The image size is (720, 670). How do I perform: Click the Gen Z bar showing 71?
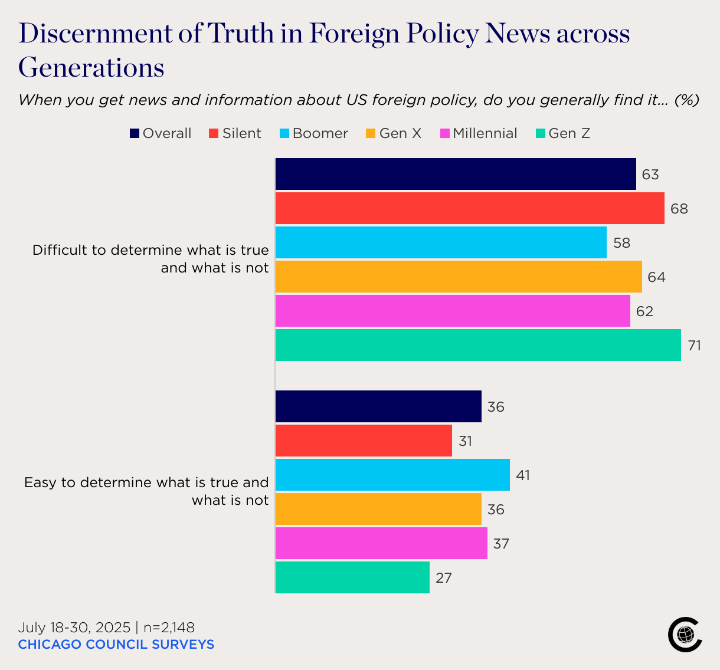478,345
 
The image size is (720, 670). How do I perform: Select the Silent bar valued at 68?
470,208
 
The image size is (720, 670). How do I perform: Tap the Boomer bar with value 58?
441,242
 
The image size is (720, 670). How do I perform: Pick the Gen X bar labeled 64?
459,277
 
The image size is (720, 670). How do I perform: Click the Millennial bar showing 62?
453,311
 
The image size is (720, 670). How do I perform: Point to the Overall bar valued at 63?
456,174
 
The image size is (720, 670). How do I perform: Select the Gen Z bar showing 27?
352,577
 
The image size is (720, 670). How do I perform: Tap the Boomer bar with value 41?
392,475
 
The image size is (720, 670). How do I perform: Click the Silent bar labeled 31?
364,441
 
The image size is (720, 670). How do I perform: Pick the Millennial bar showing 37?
381,543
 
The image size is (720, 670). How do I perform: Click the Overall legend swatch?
135,134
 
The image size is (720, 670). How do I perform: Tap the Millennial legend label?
485,133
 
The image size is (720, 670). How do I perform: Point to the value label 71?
694,346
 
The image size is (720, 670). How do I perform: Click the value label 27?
443,578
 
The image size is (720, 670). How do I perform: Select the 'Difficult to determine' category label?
150,259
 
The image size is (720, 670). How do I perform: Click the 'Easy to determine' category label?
146,491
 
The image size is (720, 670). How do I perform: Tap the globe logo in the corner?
685,635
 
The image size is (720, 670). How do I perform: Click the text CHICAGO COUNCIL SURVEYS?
116,644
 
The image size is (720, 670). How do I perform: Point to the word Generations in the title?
91,67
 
